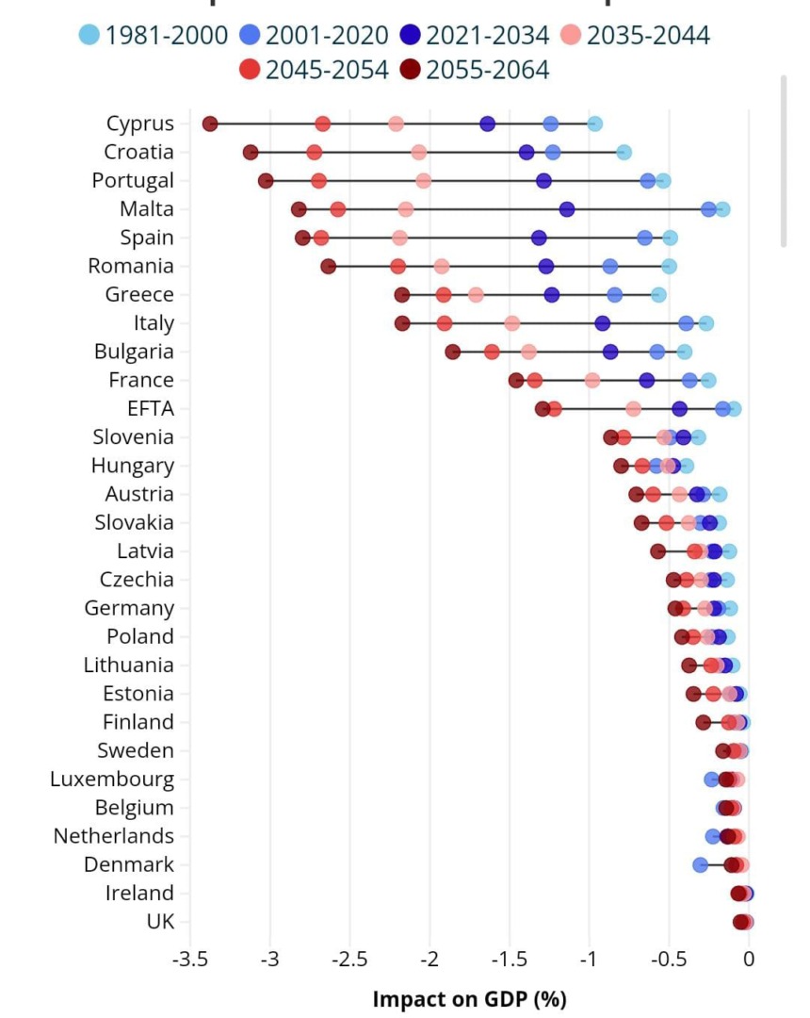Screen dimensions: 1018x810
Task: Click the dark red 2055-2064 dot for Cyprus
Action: pos(210,123)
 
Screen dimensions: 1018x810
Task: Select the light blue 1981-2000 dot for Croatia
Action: pos(624,153)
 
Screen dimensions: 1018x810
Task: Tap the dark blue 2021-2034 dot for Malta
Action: pos(567,209)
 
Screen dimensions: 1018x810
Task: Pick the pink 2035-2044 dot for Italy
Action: pos(512,323)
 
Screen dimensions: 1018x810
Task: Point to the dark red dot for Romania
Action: pos(329,267)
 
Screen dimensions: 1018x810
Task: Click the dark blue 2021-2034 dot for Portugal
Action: pos(543,181)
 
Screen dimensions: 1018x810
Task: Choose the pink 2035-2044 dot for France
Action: pos(592,380)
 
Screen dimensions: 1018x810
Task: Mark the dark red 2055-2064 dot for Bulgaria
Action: pos(453,352)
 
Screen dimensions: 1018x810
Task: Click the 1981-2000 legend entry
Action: pos(154,36)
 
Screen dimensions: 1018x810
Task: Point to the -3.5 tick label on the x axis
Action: pos(190,961)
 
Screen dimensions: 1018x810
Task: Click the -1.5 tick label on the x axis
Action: pos(510,961)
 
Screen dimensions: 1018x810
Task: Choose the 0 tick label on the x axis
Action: pos(749,961)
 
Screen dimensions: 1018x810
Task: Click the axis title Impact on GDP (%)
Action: pos(470,998)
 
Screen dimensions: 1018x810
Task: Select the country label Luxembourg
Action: pos(112,780)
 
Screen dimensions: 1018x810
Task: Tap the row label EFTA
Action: pos(151,408)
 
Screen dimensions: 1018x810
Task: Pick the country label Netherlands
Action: pos(114,836)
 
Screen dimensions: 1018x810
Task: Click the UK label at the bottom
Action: pos(160,922)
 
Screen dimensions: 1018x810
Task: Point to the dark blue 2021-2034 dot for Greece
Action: pos(552,295)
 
